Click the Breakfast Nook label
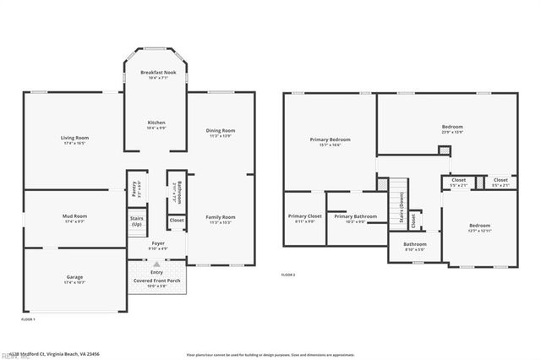coord(156,73)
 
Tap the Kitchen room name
coord(156,123)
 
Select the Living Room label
coord(74,138)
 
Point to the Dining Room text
coord(220,130)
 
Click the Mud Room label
coord(74,216)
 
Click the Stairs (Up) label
coord(136,221)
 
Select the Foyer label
coord(157,245)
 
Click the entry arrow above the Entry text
coord(156,265)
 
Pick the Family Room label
coord(220,217)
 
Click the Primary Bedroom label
coord(330,139)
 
